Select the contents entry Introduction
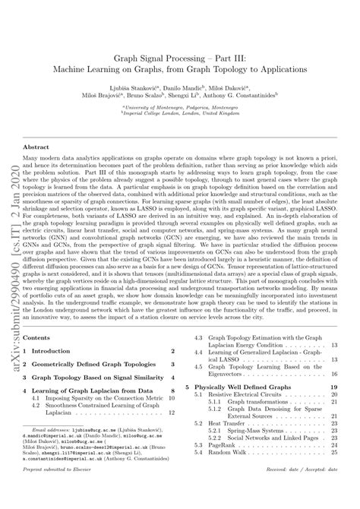pos(60,352)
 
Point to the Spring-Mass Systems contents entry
pos(251,432)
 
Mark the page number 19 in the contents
pos(333,387)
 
